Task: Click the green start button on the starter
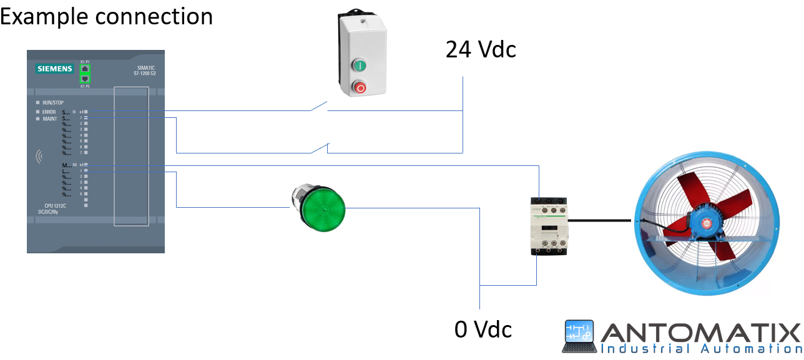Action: (x=360, y=65)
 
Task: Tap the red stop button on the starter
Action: (x=360, y=87)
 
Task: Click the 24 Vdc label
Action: (x=481, y=49)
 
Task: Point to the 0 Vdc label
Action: (x=483, y=329)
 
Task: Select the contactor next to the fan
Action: (x=547, y=225)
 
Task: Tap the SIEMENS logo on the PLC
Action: (x=55, y=69)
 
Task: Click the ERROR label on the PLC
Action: (x=49, y=112)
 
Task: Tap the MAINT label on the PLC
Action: (x=49, y=119)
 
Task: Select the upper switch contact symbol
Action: (x=319, y=107)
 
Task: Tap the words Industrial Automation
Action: (x=700, y=349)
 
